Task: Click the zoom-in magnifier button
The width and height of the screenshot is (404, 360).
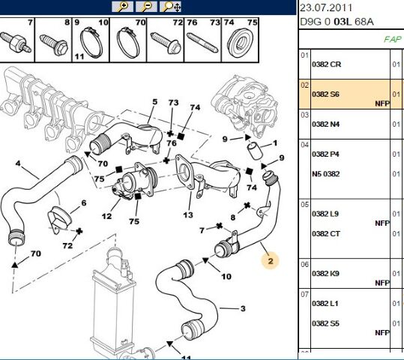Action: click(x=122, y=7)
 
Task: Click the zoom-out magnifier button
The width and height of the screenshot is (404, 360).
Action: click(x=146, y=7)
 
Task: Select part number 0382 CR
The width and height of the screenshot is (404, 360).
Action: click(x=326, y=64)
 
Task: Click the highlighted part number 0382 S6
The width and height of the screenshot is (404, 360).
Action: click(x=325, y=94)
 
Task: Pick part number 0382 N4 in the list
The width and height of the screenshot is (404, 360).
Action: click(x=325, y=124)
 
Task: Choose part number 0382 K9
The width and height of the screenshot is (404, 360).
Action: click(x=325, y=273)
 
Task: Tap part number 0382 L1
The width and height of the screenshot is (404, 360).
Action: click(x=325, y=304)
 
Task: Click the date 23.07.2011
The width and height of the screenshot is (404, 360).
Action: click(x=326, y=7)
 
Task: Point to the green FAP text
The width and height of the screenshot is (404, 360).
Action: click(x=393, y=39)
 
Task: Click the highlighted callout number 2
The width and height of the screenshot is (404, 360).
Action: click(x=271, y=261)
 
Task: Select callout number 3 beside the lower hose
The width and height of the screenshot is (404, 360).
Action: click(x=243, y=308)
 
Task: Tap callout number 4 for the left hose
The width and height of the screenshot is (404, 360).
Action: click(x=18, y=163)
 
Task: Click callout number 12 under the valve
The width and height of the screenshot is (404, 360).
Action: click(x=106, y=216)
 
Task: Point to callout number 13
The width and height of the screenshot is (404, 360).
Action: click(x=188, y=214)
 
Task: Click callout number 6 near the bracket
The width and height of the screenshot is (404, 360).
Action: click(x=84, y=203)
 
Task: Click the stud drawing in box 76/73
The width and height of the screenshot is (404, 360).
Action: click(x=202, y=43)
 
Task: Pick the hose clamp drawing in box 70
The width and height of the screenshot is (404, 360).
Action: click(x=128, y=43)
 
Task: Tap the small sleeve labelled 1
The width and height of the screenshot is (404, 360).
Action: click(x=255, y=151)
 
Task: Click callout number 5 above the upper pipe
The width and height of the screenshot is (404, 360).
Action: click(x=154, y=101)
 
